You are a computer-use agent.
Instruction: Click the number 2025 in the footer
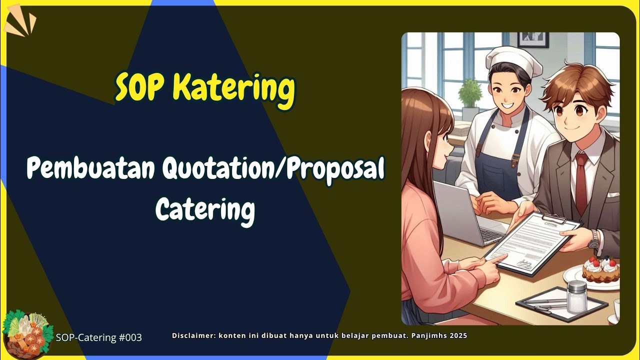point(458,335)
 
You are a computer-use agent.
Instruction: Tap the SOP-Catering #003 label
point(99,337)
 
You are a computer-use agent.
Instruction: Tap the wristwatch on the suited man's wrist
point(594,239)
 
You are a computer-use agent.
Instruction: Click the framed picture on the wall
point(533,39)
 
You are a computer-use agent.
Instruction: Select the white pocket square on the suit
point(613,195)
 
